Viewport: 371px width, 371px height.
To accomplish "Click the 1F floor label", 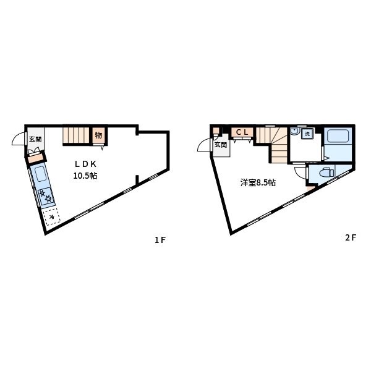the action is [160, 240].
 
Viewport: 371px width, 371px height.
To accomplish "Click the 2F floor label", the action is [351, 237].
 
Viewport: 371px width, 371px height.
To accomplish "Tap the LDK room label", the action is [85, 164].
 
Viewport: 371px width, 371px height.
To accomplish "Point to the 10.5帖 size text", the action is [85, 176].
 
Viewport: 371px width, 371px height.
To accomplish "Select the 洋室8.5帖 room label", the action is [258, 182].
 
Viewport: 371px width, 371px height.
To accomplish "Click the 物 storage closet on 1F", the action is [99, 135].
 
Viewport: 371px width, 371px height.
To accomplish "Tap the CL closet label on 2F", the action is [242, 132].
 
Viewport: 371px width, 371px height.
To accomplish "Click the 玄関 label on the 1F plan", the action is [35, 139].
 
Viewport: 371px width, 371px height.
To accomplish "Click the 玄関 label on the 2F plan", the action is [221, 145].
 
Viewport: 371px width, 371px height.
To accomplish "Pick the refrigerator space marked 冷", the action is [51, 217].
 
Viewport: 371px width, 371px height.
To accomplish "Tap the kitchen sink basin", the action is [40, 174].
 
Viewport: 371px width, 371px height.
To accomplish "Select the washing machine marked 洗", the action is [307, 134].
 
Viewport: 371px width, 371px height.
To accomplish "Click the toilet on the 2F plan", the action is [326, 173].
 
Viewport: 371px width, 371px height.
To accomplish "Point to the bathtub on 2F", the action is [338, 136].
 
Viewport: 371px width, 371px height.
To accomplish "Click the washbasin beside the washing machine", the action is [295, 132].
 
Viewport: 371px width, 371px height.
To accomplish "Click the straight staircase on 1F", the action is [76, 135].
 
